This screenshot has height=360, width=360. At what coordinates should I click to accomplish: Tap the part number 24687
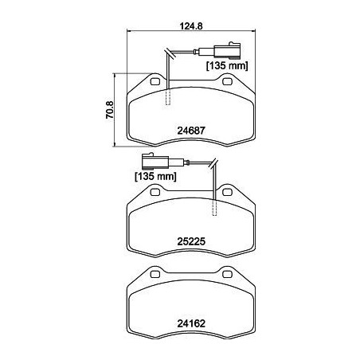tap(191, 131)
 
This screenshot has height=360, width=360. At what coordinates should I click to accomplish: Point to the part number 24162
tap(191, 324)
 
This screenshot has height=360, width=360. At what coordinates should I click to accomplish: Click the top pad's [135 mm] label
tap(227, 66)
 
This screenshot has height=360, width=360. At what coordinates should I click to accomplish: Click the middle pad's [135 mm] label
tap(155, 176)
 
